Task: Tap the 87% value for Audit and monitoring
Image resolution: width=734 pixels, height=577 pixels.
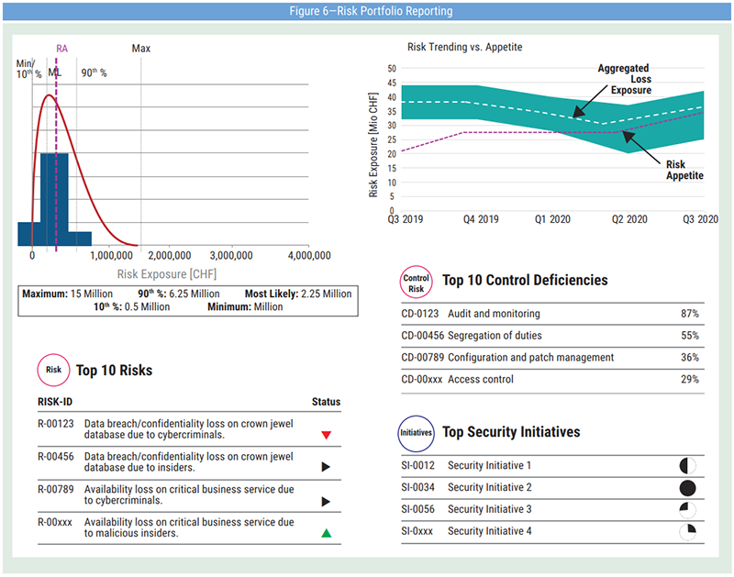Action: coord(689,314)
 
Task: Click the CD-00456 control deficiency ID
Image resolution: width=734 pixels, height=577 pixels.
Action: coord(422,336)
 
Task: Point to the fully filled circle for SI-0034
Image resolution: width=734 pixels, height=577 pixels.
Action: coord(687,488)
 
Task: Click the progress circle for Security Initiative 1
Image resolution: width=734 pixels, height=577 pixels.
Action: coord(687,466)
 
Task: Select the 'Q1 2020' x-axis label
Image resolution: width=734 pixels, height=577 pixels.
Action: coord(553,220)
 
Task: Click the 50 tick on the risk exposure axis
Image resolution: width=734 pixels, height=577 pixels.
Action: coord(391,69)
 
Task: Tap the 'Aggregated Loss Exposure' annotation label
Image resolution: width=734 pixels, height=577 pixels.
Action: coord(624,80)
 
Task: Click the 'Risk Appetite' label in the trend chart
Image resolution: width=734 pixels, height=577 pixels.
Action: coord(684,170)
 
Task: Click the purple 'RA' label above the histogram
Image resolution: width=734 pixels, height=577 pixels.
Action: coord(61,48)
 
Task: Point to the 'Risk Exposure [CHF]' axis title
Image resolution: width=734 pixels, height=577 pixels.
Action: coord(167,273)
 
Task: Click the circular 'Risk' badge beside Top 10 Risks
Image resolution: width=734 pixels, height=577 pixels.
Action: coord(53,371)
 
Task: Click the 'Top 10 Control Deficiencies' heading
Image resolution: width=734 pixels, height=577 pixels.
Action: coord(525,281)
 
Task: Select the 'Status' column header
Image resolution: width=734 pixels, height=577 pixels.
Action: coord(326,402)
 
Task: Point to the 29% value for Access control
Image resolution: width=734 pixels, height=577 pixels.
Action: coord(689,380)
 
